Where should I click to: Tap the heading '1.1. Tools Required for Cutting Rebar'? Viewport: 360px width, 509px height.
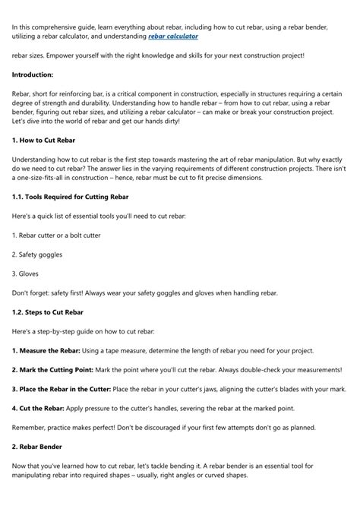75,197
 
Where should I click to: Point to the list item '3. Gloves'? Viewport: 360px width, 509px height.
26,273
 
